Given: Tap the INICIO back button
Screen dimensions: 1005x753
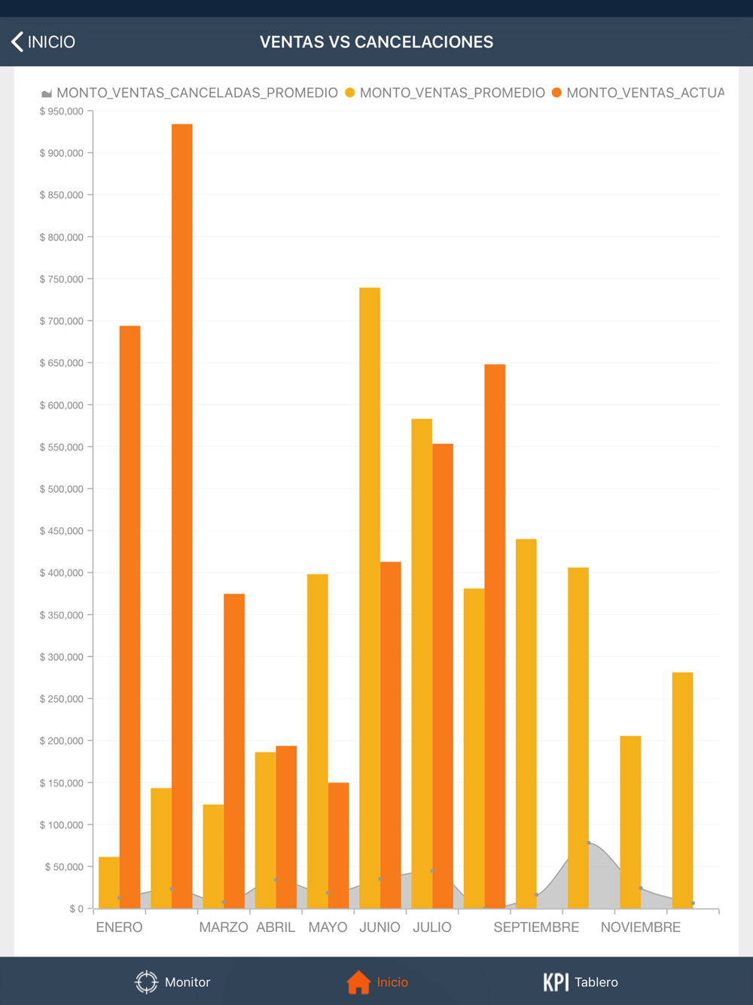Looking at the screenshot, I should tap(44, 42).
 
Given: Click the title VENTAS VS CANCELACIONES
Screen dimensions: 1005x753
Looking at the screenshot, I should tap(376, 42).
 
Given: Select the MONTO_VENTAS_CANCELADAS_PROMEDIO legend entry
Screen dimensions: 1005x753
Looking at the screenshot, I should tap(190, 93).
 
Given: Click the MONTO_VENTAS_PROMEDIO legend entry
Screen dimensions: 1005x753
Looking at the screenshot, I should tap(445, 93).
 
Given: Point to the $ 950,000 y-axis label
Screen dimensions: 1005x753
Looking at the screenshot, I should tap(62, 111).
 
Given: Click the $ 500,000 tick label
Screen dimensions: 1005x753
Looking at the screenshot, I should tap(62, 489).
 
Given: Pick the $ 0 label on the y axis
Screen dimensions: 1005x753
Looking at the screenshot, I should tap(76, 909).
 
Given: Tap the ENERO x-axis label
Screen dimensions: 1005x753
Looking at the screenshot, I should tap(119, 927).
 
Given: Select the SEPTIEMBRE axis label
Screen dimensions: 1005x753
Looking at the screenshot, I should tap(536, 927).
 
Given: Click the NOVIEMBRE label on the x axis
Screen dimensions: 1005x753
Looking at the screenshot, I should tap(640, 927).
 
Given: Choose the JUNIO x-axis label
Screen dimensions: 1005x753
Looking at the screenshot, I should tap(380, 927).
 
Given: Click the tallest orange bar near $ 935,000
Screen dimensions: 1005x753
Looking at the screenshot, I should tap(182, 512).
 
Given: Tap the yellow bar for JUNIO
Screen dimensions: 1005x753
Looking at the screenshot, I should tap(370, 595).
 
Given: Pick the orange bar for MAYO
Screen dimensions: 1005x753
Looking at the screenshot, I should tap(338, 844).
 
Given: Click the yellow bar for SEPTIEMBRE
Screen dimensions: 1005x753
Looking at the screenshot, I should tap(526, 723).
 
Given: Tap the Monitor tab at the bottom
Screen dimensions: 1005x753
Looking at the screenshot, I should tap(172, 982).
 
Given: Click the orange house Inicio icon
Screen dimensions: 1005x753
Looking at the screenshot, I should tap(358, 982).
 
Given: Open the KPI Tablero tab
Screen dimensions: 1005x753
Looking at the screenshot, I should tap(581, 982).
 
